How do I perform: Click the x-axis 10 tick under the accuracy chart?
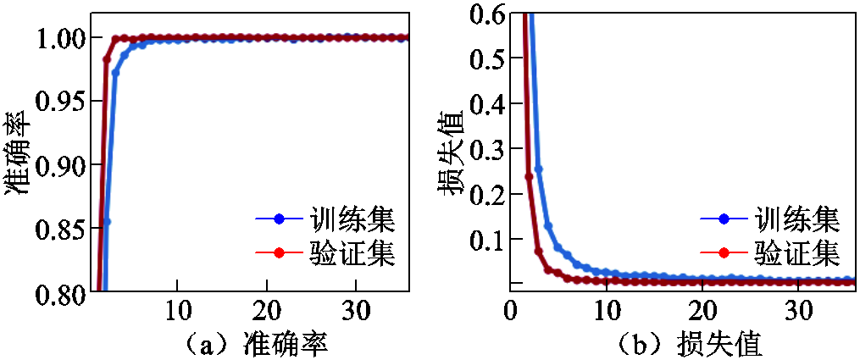[177, 309]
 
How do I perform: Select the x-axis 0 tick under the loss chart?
[509, 309]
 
